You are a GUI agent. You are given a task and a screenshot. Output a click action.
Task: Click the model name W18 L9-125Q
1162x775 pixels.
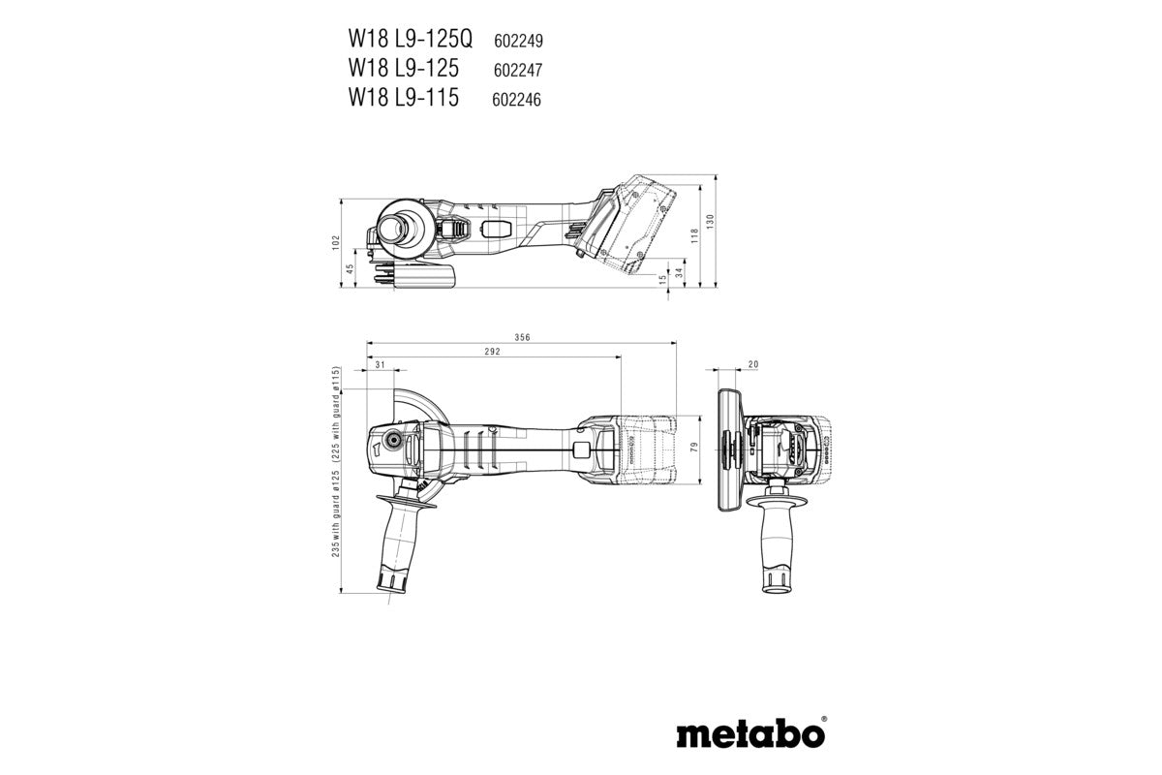[411, 41]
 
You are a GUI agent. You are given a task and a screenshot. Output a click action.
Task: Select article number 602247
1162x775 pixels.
[517, 71]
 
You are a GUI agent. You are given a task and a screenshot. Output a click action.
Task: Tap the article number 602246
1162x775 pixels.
[517, 100]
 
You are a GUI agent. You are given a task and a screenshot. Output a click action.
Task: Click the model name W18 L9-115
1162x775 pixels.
[404, 99]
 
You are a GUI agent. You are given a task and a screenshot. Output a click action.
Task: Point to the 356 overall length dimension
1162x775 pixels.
[522, 338]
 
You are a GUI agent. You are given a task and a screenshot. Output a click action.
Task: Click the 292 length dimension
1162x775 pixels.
[492, 353]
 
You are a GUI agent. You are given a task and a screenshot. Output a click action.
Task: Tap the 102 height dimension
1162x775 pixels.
[336, 240]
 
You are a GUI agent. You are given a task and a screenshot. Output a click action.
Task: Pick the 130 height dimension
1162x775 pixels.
[710, 220]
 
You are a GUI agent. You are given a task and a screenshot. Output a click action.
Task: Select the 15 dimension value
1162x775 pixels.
[662, 280]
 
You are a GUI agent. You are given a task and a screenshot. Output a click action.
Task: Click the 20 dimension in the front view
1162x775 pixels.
[753, 364]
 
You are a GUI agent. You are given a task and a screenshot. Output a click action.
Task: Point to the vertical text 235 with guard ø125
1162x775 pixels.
[336, 504]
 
